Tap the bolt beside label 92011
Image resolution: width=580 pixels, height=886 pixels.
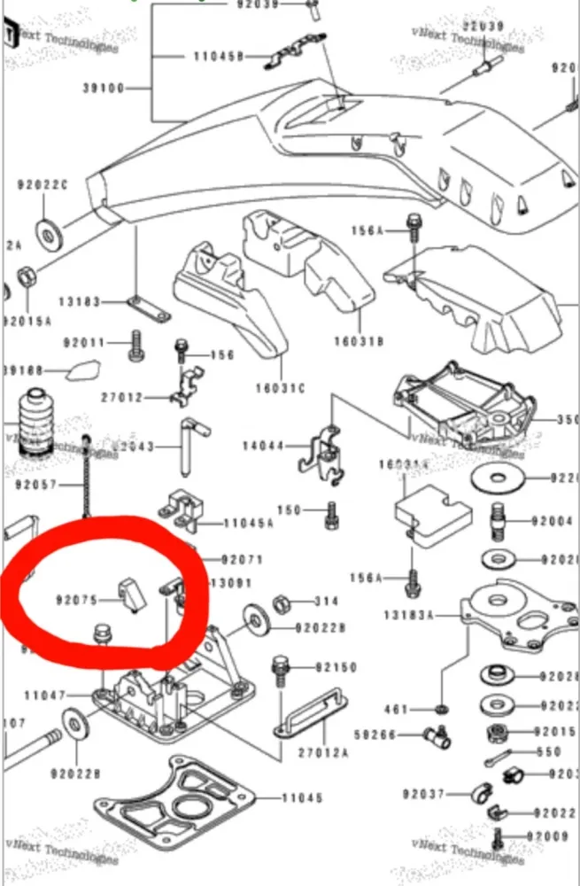click(135, 345)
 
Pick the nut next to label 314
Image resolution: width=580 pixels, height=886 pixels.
click(284, 602)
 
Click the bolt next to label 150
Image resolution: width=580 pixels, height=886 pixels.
click(332, 513)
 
